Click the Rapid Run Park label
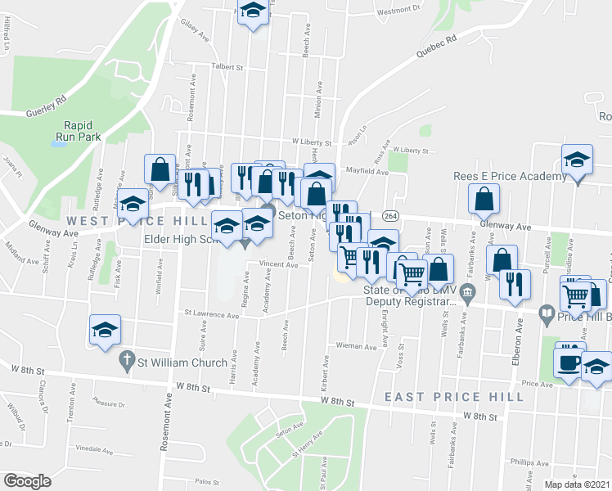click(x=79, y=131)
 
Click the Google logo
click(x=27, y=480)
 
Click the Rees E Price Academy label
click(x=510, y=177)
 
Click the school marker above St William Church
click(x=105, y=330)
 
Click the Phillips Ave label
click(x=524, y=462)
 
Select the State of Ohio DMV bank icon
click(x=467, y=292)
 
